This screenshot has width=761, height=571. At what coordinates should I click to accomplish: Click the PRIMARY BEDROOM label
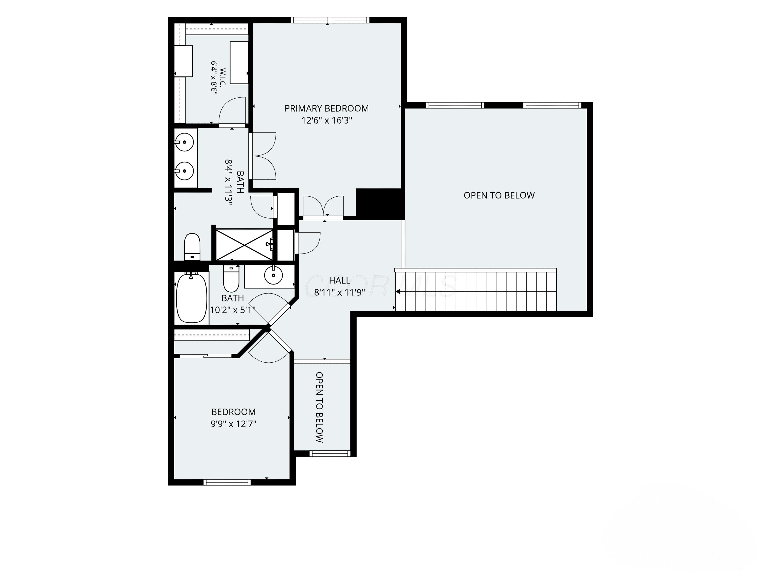tap(326, 108)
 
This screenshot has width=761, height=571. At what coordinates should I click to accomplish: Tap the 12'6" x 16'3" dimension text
tap(326, 121)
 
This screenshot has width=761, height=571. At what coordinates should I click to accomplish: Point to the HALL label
tap(340, 280)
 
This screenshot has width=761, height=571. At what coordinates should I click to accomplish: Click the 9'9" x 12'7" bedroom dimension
tap(234, 424)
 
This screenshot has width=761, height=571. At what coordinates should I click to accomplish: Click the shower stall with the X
tap(244, 245)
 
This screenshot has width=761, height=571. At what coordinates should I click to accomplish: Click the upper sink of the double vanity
tap(184, 142)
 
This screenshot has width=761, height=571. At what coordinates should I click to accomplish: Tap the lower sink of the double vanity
tap(184, 171)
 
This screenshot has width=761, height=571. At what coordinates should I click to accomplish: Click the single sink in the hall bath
tap(273, 275)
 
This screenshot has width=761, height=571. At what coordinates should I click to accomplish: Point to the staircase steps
tap(476, 291)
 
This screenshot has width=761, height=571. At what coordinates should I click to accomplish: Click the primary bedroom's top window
tap(330, 20)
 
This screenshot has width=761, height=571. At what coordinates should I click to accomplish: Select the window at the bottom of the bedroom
tap(227, 482)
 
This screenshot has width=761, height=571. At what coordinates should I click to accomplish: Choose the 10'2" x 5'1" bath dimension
tap(233, 310)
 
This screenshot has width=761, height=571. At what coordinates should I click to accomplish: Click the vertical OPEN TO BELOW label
tap(319, 407)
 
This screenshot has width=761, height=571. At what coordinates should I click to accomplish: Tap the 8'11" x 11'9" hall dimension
tap(340, 293)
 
